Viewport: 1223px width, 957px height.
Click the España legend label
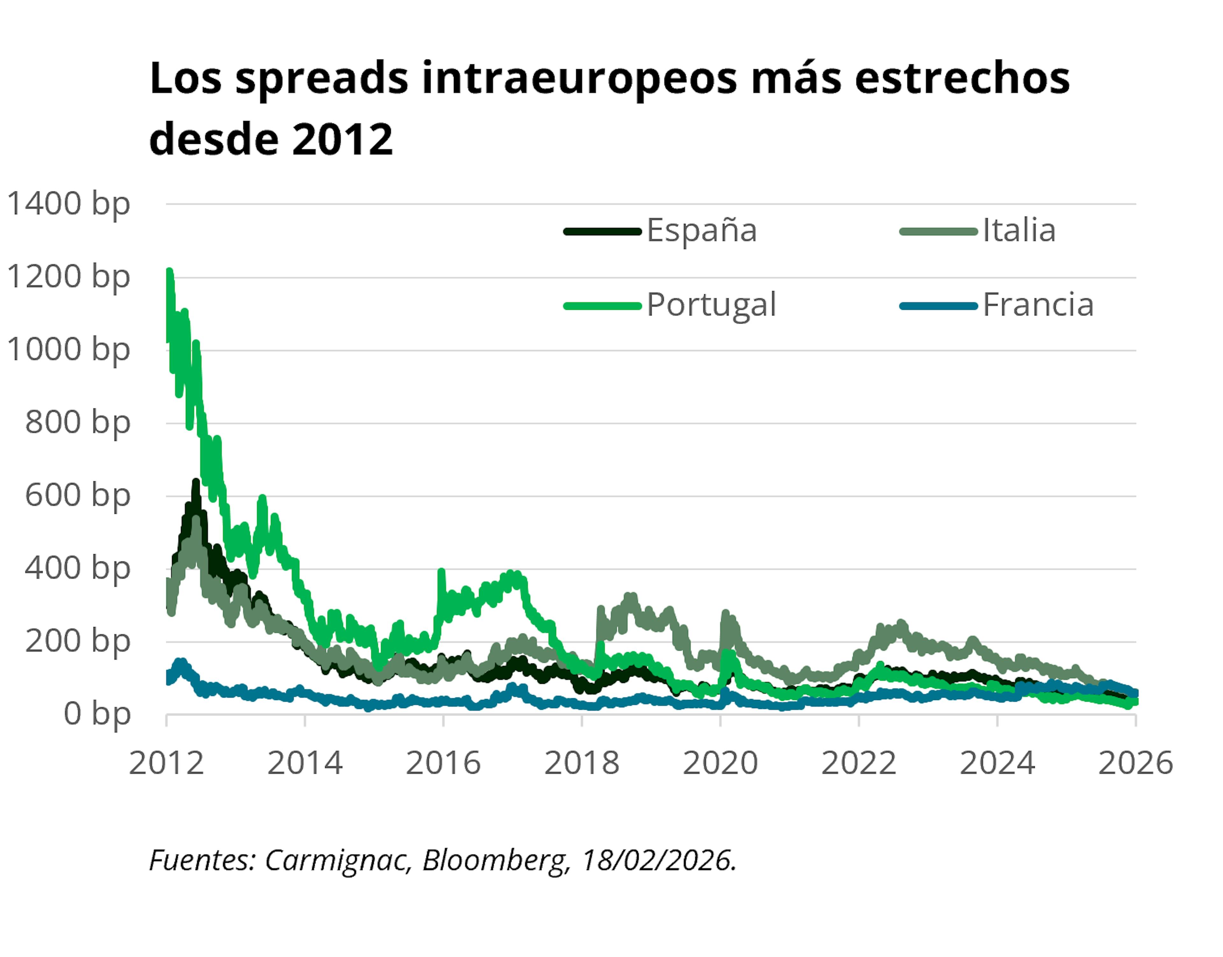click(x=702, y=230)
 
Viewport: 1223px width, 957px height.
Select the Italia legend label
click(x=1019, y=230)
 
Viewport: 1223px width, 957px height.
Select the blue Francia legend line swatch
click(x=938, y=306)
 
